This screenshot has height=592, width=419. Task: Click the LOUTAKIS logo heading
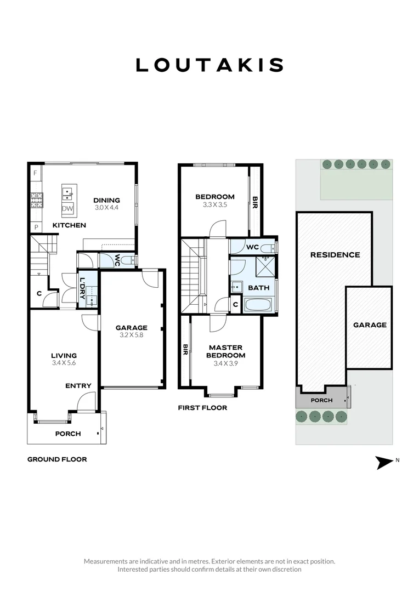209,65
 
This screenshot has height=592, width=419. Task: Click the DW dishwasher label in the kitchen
67,208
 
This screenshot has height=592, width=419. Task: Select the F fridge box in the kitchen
35,173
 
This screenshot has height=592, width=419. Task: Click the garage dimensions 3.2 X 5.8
131,335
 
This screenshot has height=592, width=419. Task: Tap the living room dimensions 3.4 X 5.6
64,363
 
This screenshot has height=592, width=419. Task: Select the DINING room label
106,200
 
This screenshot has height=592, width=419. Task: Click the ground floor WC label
117,259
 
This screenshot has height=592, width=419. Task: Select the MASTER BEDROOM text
225,351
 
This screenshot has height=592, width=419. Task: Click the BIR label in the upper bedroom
254,204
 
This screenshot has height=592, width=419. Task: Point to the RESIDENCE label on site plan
335,254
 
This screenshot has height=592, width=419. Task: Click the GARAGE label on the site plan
369,325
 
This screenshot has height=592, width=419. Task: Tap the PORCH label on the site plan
321,400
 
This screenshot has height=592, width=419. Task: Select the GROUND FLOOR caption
57,459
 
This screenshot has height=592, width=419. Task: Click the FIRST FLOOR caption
202,408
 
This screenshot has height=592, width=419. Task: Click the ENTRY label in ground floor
78,386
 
